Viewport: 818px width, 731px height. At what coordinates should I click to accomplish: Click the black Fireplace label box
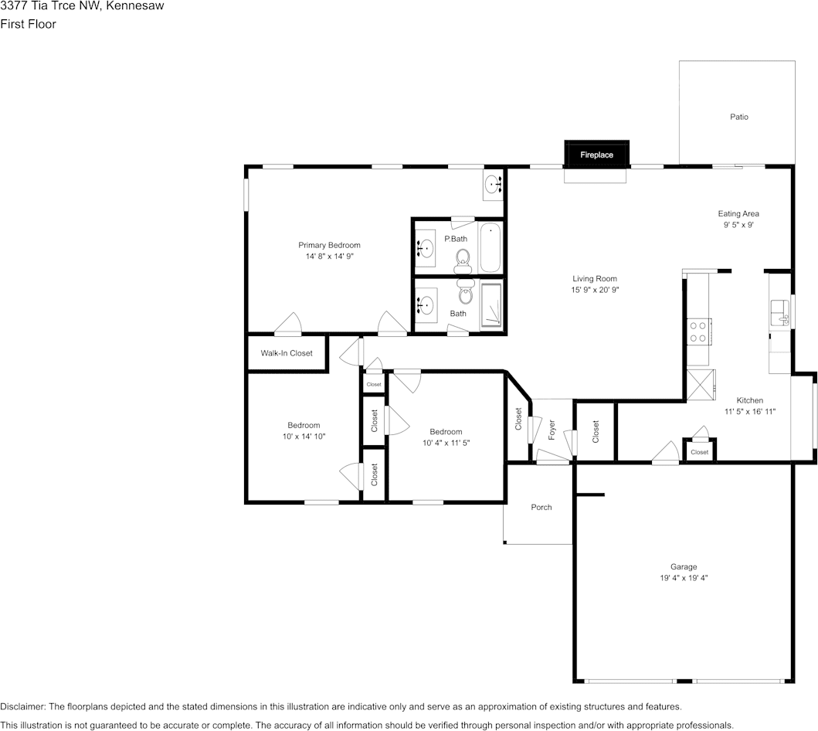click(x=596, y=155)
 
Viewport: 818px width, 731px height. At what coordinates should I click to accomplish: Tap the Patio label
click(x=739, y=117)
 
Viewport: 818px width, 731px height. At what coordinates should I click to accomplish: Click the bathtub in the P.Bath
click(x=490, y=247)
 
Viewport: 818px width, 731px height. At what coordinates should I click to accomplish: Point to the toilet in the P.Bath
click(x=463, y=257)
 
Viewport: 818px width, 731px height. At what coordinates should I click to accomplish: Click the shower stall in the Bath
click(x=491, y=307)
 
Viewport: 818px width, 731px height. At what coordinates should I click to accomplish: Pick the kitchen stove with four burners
click(x=699, y=332)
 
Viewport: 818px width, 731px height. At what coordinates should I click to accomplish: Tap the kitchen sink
click(x=779, y=313)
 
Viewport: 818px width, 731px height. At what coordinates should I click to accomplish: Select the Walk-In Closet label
click(x=287, y=353)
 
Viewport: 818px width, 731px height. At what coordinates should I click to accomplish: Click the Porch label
click(x=541, y=508)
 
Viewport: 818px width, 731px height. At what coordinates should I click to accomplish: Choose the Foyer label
click(x=552, y=431)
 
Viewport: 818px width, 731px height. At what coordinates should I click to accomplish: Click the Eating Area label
click(x=739, y=214)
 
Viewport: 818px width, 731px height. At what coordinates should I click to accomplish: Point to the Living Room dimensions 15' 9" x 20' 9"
click(x=595, y=290)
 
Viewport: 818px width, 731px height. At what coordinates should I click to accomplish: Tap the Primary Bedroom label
click(x=329, y=245)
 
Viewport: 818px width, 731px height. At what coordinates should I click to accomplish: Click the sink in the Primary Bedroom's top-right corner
click(x=494, y=185)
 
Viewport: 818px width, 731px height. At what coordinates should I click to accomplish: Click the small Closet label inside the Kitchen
click(x=699, y=452)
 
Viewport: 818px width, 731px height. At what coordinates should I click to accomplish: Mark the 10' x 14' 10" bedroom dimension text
click(x=304, y=437)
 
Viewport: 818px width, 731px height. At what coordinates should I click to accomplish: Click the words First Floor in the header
click(x=28, y=24)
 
